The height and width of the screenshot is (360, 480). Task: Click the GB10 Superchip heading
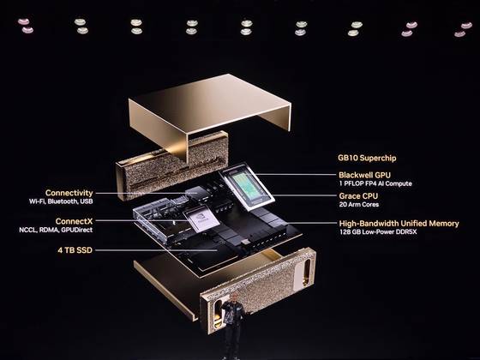tap(367, 158)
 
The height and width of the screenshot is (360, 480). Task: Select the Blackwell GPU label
tap(364, 175)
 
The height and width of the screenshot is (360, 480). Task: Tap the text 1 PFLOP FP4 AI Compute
tap(375, 183)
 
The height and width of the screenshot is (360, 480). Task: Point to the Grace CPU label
tap(358, 196)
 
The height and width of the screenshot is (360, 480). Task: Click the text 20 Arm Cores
tap(359, 205)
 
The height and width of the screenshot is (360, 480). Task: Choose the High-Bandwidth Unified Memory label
tap(399, 224)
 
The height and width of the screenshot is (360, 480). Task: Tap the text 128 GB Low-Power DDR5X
tap(378, 232)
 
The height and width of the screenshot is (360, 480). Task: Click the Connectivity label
tap(69, 193)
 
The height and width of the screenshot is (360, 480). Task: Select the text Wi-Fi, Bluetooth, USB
tap(61, 201)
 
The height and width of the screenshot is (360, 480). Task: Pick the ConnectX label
tap(74, 221)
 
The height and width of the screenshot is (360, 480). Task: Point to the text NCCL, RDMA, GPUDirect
tap(56, 230)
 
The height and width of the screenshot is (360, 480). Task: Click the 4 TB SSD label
tap(75, 250)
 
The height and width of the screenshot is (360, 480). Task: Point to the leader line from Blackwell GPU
tap(296, 175)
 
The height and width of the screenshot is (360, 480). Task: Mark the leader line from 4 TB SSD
tap(155, 250)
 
